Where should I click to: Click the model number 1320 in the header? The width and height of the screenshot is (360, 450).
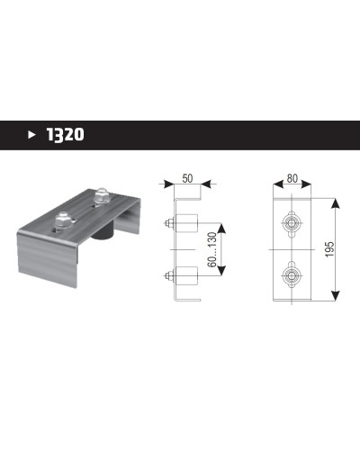coord(66,135)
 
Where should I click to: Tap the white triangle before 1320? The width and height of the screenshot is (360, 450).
coord(31,135)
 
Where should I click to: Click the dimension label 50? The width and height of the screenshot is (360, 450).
coord(187,178)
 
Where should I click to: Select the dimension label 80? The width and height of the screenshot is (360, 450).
coord(292,178)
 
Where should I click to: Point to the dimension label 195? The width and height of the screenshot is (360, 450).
coord(329,249)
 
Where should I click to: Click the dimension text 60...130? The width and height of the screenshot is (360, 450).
coord(212,249)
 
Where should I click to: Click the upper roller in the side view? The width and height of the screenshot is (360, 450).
coord(186,223)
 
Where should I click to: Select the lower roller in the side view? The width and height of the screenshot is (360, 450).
coord(186,275)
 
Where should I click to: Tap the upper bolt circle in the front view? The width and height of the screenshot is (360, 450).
coord(292,223)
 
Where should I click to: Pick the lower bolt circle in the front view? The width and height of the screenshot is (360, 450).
coord(292,274)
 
